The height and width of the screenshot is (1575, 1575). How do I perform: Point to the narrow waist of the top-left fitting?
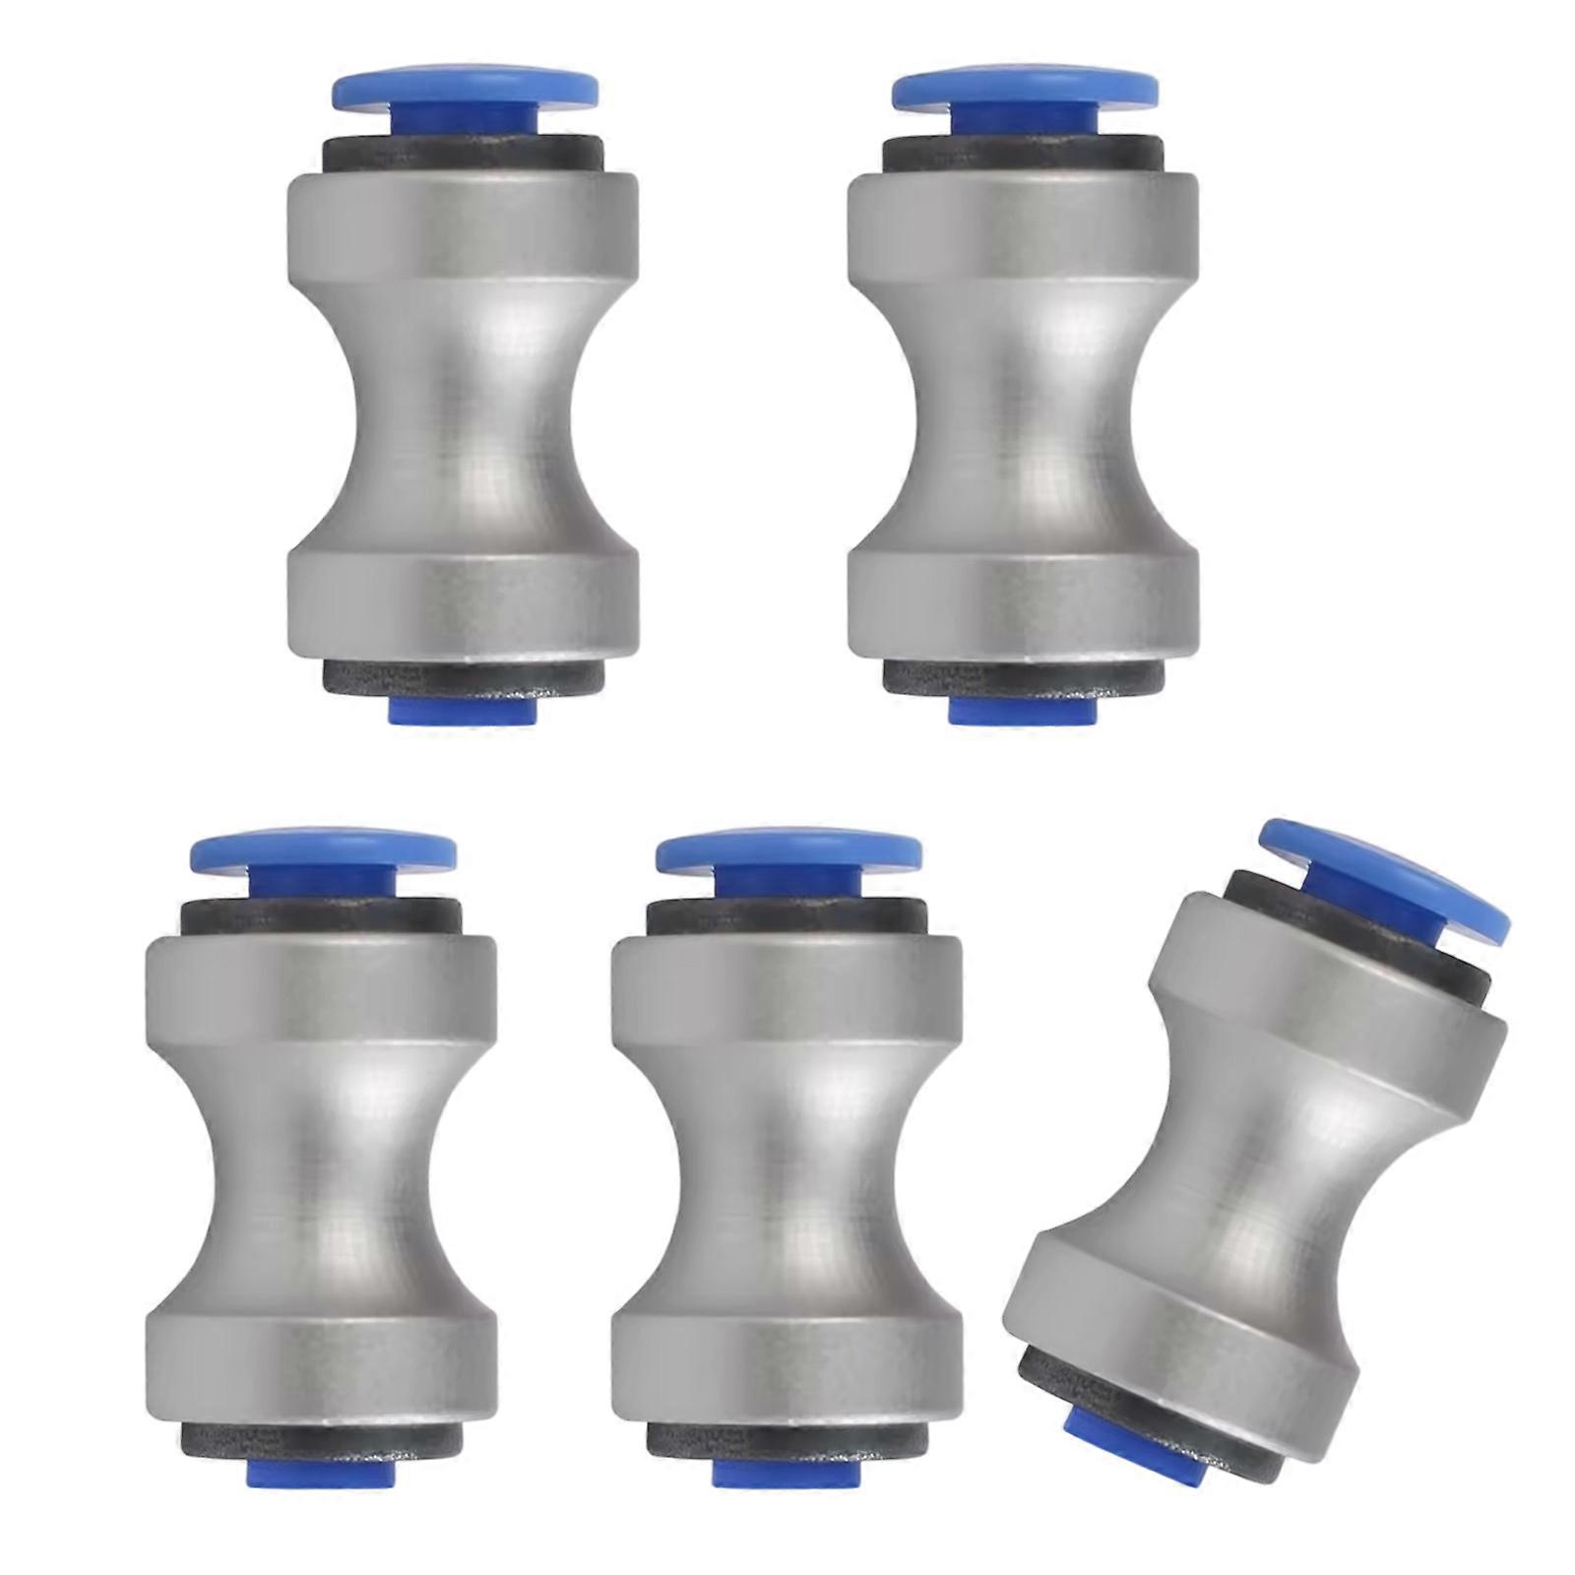tap(463, 413)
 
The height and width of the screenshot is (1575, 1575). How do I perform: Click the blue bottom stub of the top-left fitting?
tap(463, 711)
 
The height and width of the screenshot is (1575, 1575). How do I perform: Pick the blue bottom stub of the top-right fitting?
tap(1021, 711)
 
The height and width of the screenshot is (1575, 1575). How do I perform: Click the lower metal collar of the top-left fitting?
tap(463, 605)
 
